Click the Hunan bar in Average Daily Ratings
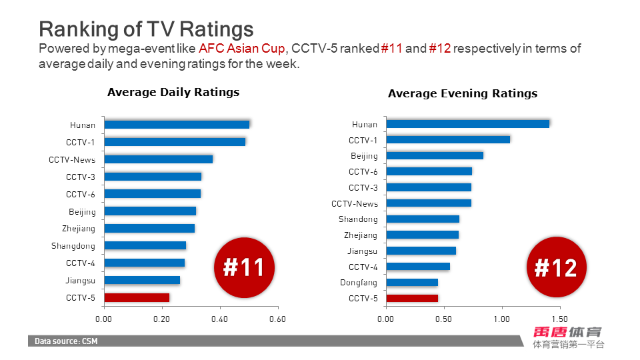[x=177, y=125]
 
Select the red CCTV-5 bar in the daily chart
[x=137, y=297]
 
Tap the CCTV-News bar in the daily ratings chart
[x=159, y=159]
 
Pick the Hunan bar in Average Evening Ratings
[x=467, y=124]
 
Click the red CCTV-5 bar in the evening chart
[x=412, y=298]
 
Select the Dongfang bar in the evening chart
[x=412, y=283]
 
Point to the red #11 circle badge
[x=244, y=267]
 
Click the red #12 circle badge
[x=556, y=268]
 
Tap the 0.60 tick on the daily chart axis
[x=277, y=319]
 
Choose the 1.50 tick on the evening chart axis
[x=559, y=319]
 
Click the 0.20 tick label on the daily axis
[x=161, y=319]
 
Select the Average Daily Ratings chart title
[x=173, y=93]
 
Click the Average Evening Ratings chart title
[x=463, y=94]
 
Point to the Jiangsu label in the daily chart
[x=81, y=281]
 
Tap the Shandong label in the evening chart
[x=358, y=219]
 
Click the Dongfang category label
[x=359, y=283]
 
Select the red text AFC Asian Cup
[x=242, y=49]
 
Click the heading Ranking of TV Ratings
[x=146, y=29]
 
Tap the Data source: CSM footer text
[x=67, y=341]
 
